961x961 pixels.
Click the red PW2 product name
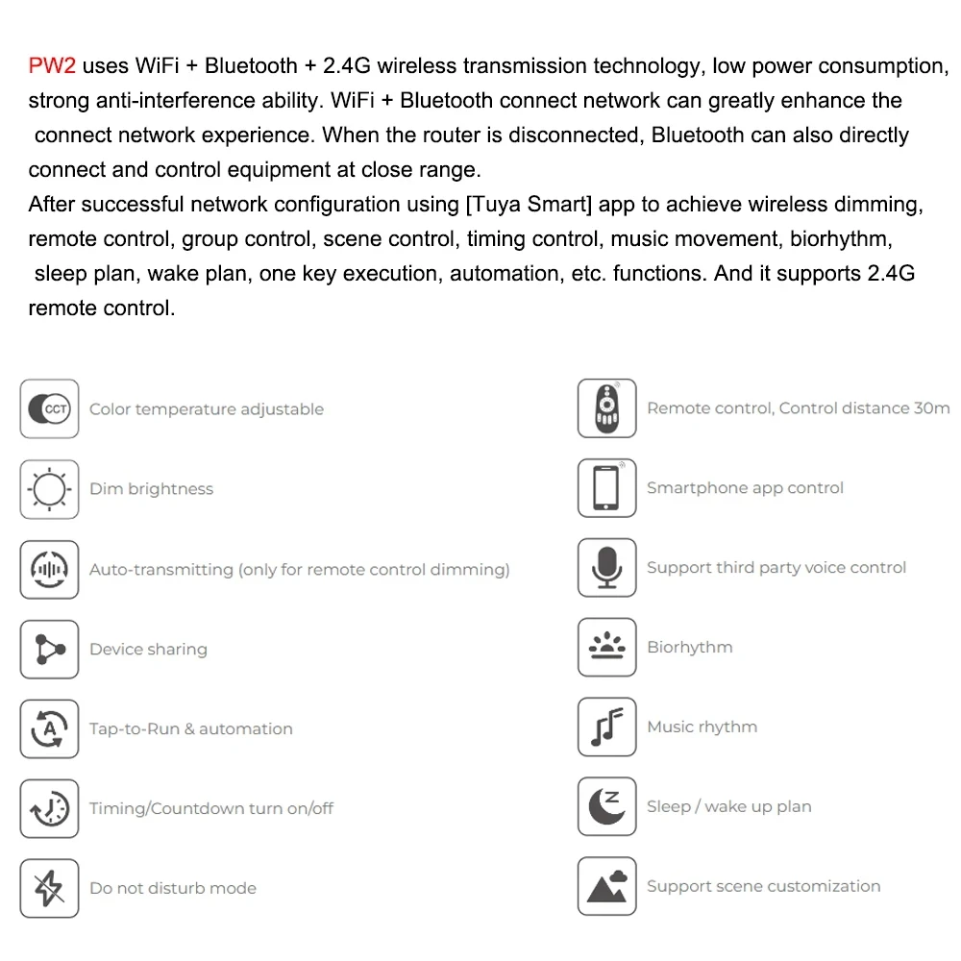click(52, 66)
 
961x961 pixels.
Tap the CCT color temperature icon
click(49, 409)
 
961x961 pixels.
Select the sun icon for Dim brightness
click(49, 489)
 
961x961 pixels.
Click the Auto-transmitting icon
click(49, 569)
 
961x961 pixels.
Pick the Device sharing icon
click(49, 649)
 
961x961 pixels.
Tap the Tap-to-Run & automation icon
click(49, 728)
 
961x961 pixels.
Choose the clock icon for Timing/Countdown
click(49, 808)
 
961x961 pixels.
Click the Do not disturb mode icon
click(49, 888)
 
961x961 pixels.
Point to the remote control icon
click(606, 408)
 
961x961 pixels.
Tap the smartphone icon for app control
click(606, 488)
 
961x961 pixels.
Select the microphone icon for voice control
click(606, 568)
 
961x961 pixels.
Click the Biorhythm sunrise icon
click(606, 647)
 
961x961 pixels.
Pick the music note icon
click(606, 727)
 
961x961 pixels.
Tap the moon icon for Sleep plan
click(606, 806)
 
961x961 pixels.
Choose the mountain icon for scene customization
click(606, 886)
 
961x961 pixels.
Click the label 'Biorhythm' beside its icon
click(689, 648)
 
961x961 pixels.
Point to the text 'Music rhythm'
click(702, 727)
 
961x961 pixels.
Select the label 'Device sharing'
click(148, 650)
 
